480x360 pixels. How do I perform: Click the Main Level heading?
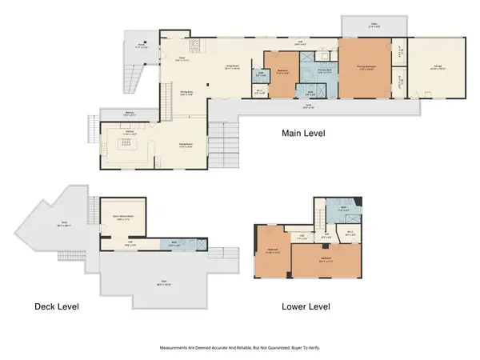coord(303,134)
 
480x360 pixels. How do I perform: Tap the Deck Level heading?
coord(62,306)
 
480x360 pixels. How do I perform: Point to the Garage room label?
coord(436,69)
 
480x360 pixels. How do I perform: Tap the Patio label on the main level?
coord(373,24)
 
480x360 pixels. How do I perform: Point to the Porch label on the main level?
coord(142,45)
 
